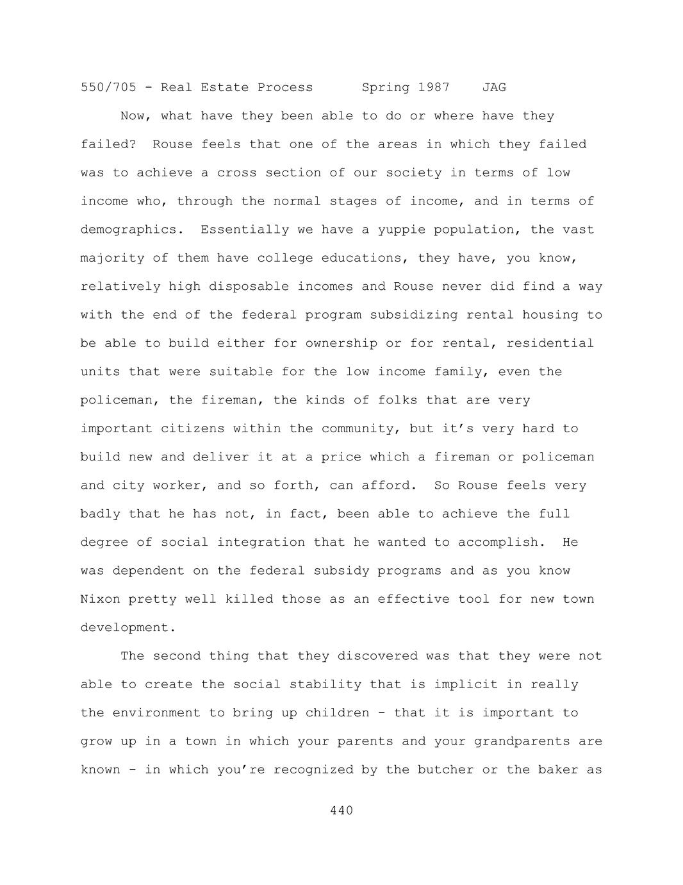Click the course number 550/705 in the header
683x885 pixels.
coord(108,87)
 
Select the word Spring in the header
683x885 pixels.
coord(386,87)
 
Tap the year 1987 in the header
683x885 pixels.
coord(434,87)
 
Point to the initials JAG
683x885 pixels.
coord(494,87)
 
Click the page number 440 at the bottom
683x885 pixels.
coord(341,811)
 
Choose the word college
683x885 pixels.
coord(285,258)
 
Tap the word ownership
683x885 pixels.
coord(341,343)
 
